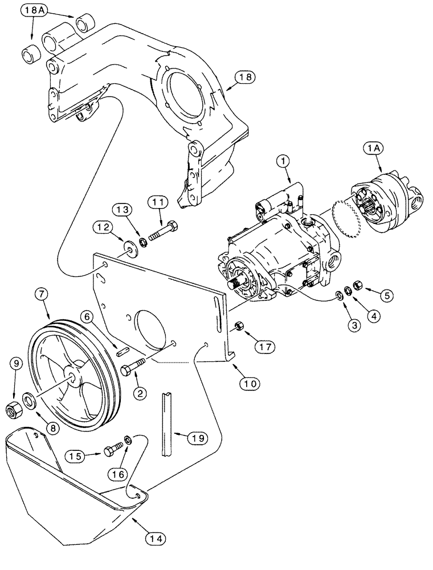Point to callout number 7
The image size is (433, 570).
(x=46, y=295)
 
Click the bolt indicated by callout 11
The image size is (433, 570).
(x=163, y=233)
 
